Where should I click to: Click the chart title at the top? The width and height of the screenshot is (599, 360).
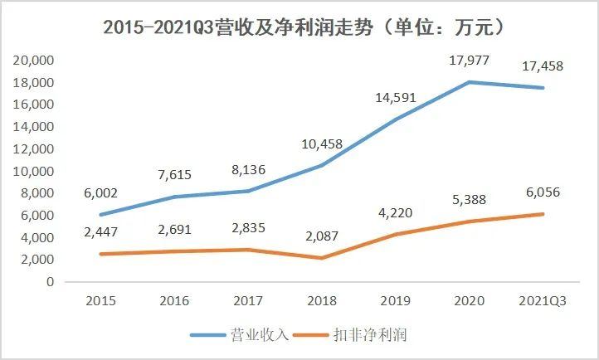(x=299, y=27)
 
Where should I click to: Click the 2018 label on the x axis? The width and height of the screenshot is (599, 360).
(x=323, y=301)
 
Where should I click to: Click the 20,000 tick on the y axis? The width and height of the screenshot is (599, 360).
(x=33, y=61)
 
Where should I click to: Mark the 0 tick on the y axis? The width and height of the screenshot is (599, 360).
(x=51, y=282)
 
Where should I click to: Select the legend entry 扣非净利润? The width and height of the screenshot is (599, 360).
(x=371, y=335)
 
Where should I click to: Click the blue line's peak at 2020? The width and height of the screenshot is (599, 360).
(x=469, y=81)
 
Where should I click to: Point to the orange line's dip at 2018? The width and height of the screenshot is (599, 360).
(x=323, y=258)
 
